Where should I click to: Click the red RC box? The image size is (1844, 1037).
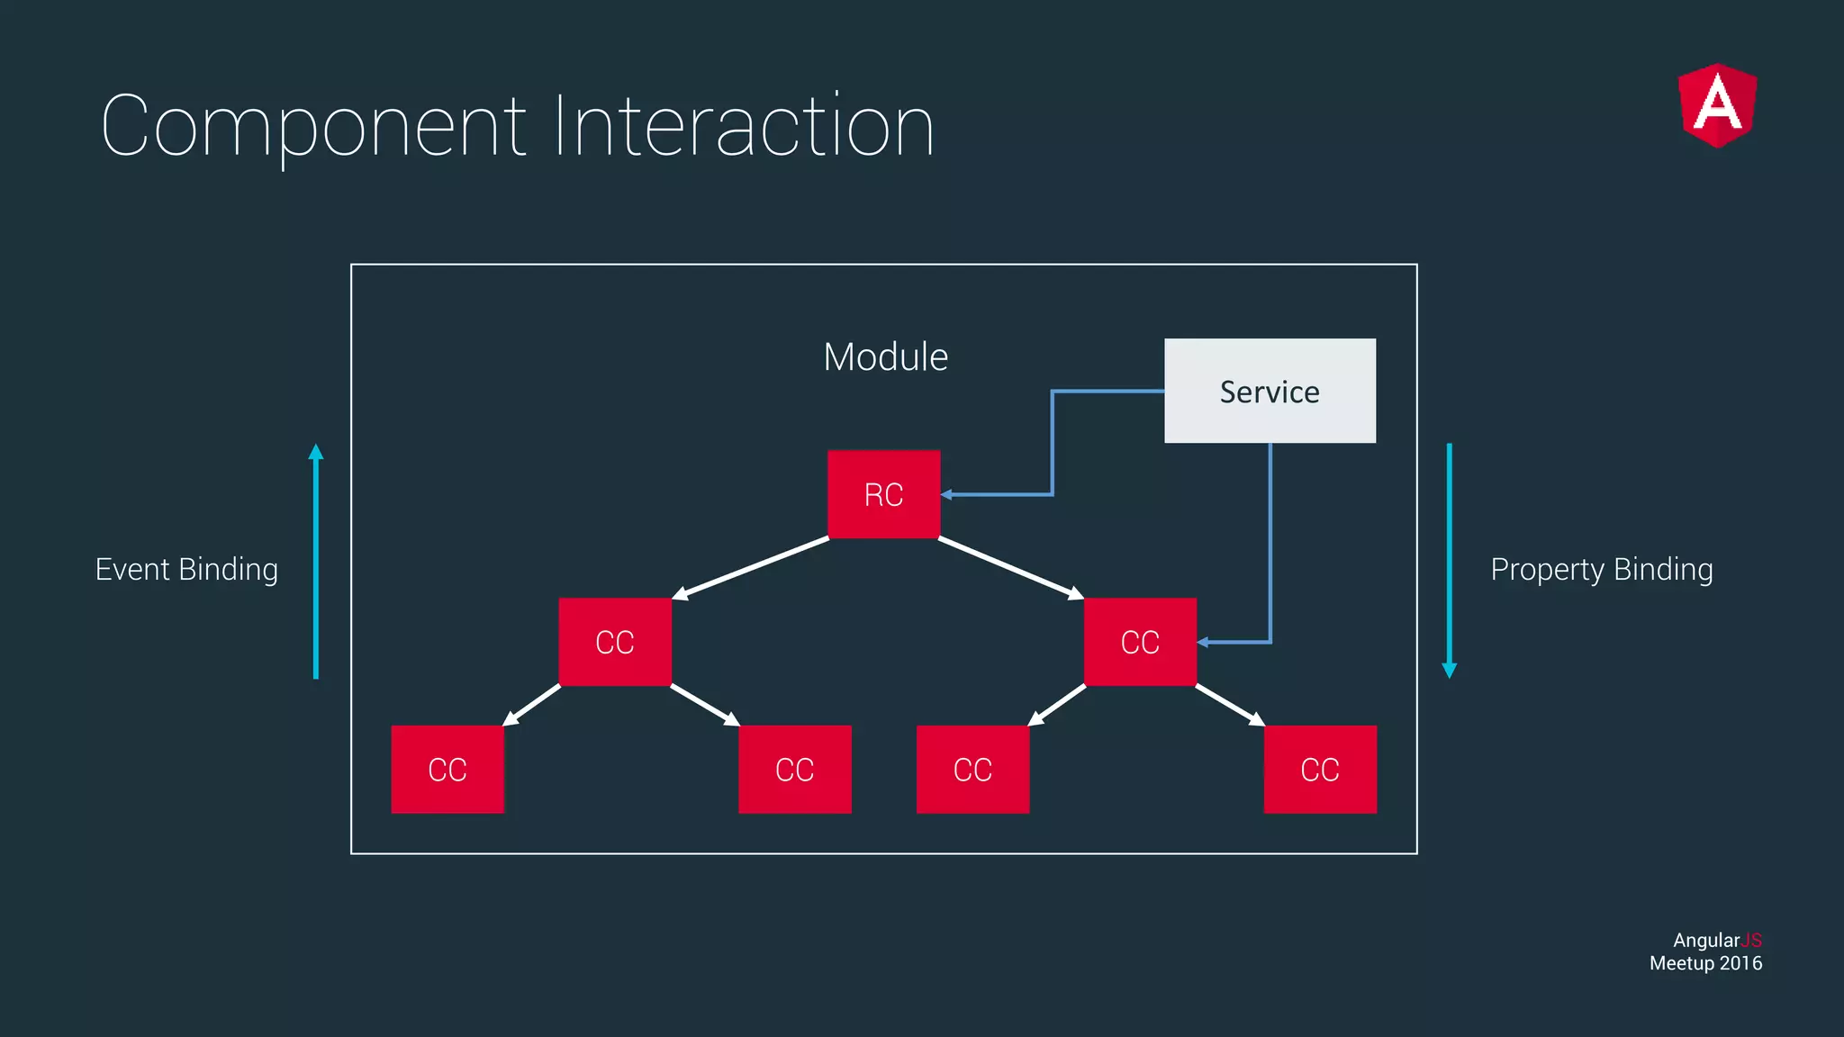pos(883,494)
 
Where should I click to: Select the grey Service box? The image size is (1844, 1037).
pos(1270,391)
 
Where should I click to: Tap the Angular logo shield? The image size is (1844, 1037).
pos(1717,105)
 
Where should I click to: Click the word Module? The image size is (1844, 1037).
pos(885,357)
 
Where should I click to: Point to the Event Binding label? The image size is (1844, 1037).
pos(186,570)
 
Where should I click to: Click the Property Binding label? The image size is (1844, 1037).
pos(1601,570)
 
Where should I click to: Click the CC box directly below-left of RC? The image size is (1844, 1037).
pos(615,642)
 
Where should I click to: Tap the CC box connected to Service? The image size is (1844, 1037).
pos(1140,642)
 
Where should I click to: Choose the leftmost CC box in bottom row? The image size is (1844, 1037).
pos(447,770)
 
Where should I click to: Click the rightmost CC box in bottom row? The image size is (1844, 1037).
pos(1320,770)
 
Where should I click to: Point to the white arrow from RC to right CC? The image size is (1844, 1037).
pos(1010,568)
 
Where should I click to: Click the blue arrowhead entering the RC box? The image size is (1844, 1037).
pos(947,494)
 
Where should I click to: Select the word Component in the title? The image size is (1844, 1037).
pos(313,128)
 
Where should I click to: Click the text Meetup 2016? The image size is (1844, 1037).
pos(1705,963)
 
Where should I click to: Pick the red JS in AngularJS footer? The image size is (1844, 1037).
pos(1751,940)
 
